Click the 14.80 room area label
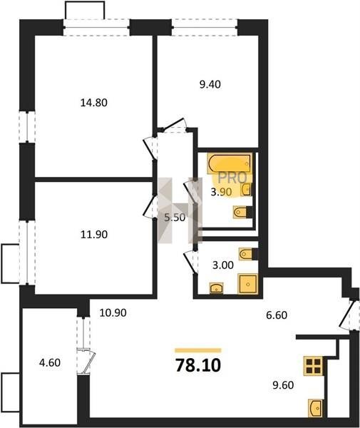pyautogui.click(x=94, y=103)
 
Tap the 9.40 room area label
pyautogui.click(x=210, y=85)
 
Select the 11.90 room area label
pyautogui.click(x=94, y=234)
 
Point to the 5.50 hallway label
pyautogui.click(x=175, y=218)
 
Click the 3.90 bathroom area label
pyautogui.click(x=221, y=192)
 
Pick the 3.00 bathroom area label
pyautogui.click(x=223, y=265)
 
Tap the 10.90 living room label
pyautogui.click(x=113, y=313)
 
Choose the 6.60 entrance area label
pyautogui.click(x=277, y=315)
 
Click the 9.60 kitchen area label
pyautogui.click(x=283, y=385)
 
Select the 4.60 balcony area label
pyautogui.click(x=50, y=363)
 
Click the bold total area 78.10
pyautogui.click(x=198, y=365)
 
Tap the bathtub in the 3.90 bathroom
pyautogui.click(x=230, y=163)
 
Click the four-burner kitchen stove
pyautogui.click(x=314, y=366)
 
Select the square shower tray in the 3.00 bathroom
pyautogui.click(x=247, y=284)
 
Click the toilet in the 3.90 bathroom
pyautogui.click(x=242, y=212)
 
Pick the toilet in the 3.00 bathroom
pyautogui.click(x=248, y=254)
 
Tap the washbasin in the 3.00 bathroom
pyautogui.click(x=216, y=288)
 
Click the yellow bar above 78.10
pyautogui.click(x=198, y=350)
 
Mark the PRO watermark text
pyautogui.click(x=233, y=178)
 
